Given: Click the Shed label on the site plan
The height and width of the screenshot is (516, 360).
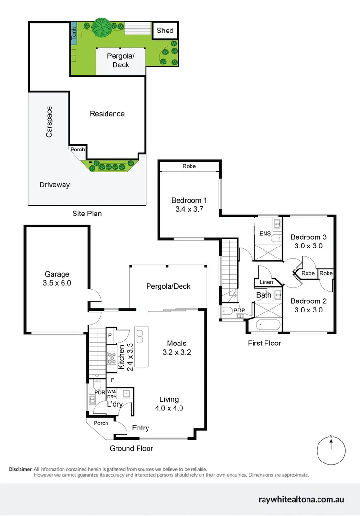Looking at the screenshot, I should [165, 31].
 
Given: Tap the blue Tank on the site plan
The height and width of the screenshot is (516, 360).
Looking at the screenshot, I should [74, 33].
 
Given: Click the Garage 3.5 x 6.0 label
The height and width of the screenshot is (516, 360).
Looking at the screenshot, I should [57, 279].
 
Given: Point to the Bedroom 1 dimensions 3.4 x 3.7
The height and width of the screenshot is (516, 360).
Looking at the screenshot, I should [189, 209].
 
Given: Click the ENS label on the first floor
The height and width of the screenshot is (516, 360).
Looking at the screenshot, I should [265, 234].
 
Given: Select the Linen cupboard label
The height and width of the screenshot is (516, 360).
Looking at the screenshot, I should [266, 282].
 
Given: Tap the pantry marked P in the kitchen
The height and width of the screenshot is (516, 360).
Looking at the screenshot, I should [109, 336].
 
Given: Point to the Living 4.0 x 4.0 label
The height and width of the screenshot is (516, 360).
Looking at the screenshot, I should [169, 404].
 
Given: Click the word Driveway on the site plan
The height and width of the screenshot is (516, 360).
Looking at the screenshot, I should [54, 185].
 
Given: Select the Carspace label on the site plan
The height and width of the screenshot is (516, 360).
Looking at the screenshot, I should [49, 122].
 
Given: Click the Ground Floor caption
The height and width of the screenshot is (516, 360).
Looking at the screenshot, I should [131, 448].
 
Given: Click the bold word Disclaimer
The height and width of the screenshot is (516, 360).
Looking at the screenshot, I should [21, 469].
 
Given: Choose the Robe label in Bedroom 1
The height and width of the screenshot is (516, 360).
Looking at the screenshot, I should [189, 167].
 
